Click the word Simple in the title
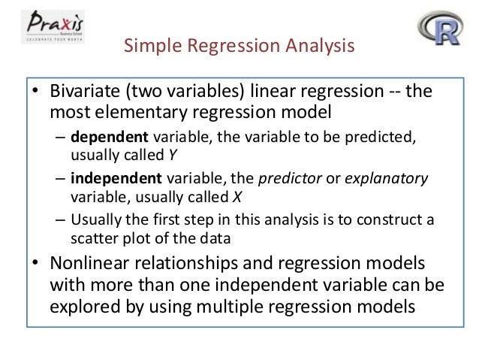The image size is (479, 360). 150,49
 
